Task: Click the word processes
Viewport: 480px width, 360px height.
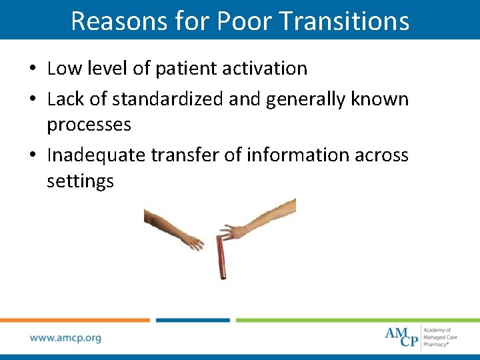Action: pos(89,125)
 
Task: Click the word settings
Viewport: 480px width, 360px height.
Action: pos(80,181)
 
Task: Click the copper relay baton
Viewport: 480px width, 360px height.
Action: pos(222,256)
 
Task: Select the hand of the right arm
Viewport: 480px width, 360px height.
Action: pos(234,231)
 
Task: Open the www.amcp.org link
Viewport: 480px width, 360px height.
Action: pos(65,338)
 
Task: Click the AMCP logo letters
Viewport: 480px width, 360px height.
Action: pos(401,336)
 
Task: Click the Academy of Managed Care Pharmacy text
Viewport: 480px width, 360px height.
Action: pos(438,337)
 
